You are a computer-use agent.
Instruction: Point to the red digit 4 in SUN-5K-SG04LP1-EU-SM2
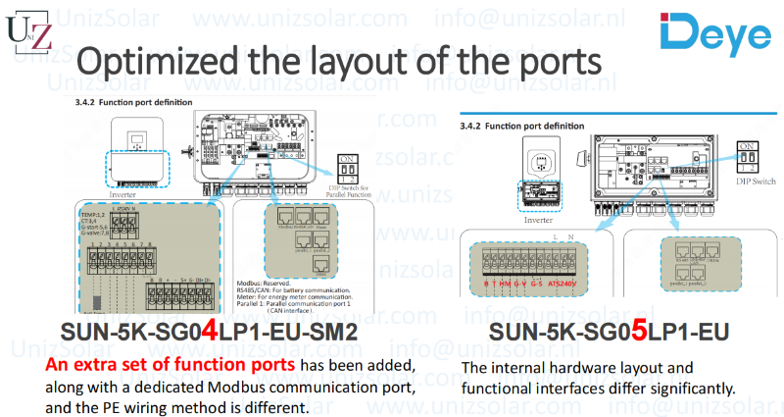(x=209, y=334)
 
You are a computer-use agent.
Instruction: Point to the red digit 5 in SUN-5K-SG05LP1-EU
(x=638, y=334)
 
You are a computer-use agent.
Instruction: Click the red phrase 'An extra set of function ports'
(x=171, y=365)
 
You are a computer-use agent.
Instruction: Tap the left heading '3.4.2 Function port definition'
(x=126, y=102)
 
